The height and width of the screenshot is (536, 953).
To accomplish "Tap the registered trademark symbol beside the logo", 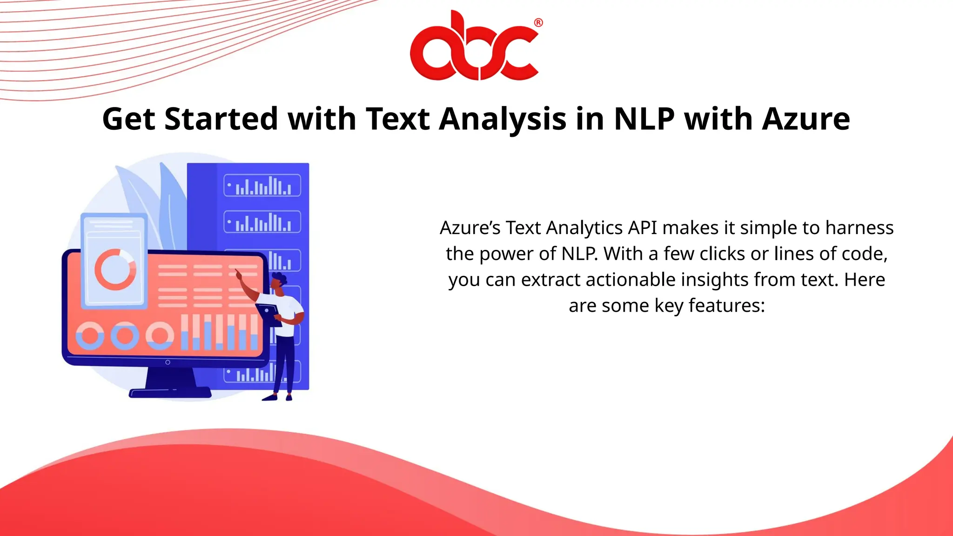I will [538, 22].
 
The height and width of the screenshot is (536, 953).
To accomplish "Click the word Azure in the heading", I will [806, 119].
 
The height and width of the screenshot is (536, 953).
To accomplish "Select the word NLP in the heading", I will [644, 119].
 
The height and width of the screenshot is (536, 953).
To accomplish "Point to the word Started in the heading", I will [221, 119].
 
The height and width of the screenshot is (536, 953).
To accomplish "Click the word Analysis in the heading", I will [503, 119].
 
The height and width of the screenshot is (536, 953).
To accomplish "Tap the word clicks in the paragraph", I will [722, 254].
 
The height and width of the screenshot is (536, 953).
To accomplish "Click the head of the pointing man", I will [279, 282].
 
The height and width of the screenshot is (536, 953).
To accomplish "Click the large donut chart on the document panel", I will [115, 269].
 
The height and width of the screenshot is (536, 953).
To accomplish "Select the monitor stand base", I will [170, 394].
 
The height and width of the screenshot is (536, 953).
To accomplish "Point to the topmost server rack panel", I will [262, 185].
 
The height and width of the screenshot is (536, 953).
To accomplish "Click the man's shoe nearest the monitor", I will [270, 397].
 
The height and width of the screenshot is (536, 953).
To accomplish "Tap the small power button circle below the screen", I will [168, 362].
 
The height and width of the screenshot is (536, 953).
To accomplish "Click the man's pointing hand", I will [238, 274].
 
